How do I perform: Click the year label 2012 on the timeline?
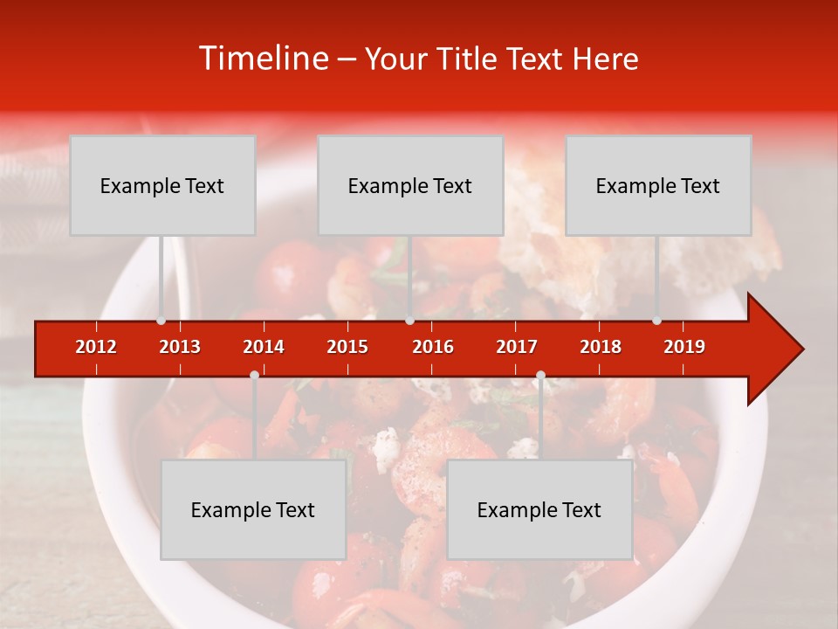point(96,347)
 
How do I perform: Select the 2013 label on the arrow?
point(180,347)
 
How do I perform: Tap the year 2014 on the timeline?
point(264,347)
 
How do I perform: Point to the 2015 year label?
point(347,347)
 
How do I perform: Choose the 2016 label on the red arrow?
point(433,347)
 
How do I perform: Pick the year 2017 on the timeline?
point(517,347)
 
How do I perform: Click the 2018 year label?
point(601,347)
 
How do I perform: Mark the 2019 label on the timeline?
point(684,347)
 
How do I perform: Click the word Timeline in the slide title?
point(262,59)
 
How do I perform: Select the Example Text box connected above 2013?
point(162,185)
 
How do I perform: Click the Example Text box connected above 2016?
point(410,185)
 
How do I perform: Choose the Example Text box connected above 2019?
point(658,185)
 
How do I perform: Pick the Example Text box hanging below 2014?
point(253,509)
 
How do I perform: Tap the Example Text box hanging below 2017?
point(539,509)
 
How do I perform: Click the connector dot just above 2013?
point(161,321)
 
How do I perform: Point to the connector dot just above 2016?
point(409,321)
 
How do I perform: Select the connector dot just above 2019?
point(656,321)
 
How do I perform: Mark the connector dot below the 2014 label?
point(254,375)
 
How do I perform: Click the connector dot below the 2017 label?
point(540,375)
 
